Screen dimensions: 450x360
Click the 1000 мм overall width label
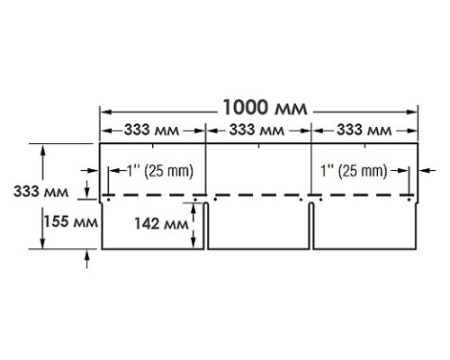pos(265,107)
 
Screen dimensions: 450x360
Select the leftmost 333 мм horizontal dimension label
pos(152,130)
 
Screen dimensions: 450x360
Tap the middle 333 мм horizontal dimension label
pos(256,130)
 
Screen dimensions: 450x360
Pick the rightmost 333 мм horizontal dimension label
pos(364,130)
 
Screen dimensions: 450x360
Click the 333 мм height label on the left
pos(41,192)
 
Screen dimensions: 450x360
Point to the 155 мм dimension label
pos(71,222)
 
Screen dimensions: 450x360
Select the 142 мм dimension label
pos(161,223)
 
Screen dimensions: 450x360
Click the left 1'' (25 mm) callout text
pos(160,171)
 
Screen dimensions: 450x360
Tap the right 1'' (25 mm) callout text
pos(354,171)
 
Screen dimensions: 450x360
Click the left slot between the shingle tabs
pos(206,226)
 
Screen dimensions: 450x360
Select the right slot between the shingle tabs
pos(311,226)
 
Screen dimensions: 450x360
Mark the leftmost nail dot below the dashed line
pos(109,199)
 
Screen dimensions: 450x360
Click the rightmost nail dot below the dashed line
pos(409,199)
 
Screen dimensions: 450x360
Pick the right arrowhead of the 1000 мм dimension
pos(413,112)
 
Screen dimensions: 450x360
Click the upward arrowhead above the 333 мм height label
pos(43,149)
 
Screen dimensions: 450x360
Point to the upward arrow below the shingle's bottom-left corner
pos(87,259)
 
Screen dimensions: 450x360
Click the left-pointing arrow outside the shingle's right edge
pos(427,170)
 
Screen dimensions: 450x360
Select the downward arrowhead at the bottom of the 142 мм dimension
pos(193,243)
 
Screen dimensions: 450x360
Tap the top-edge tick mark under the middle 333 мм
pos(259,146)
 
